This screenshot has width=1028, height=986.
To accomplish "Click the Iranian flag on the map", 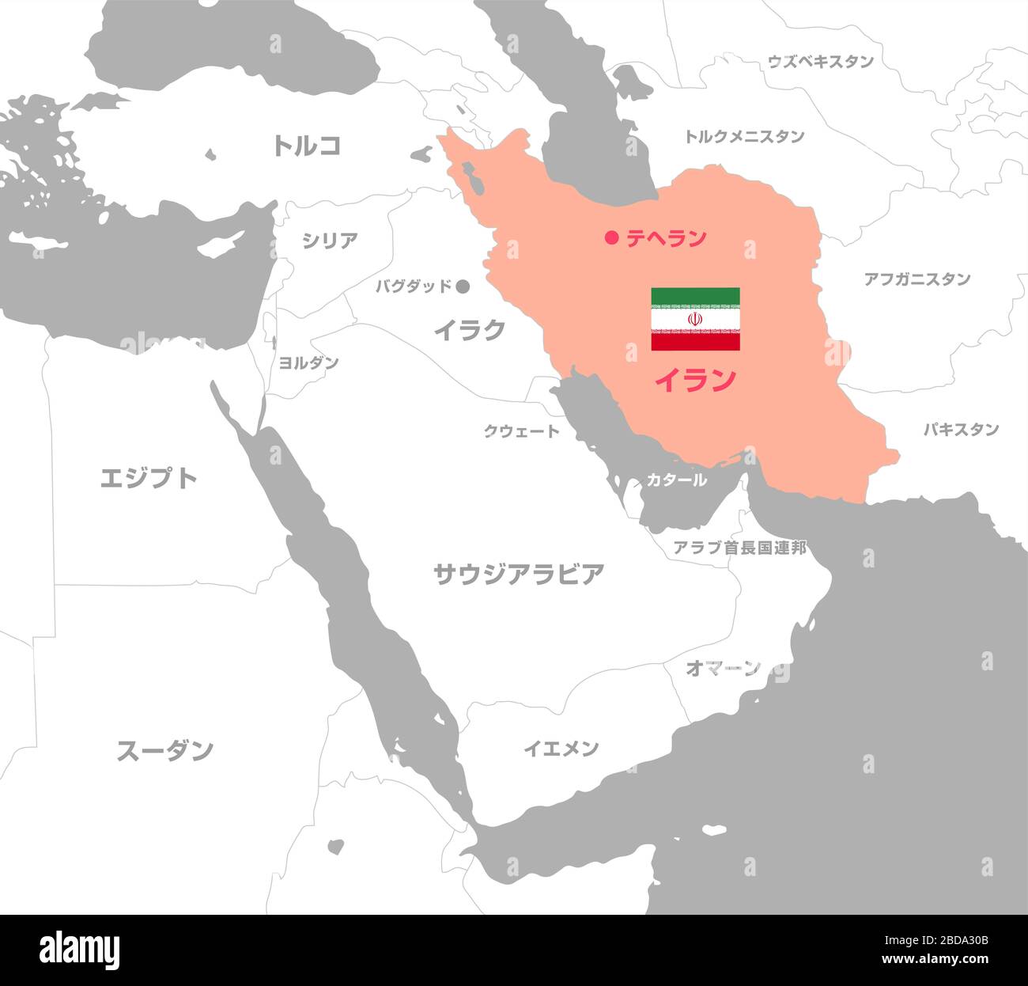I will point(695,319).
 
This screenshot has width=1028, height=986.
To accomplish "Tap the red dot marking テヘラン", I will point(610,237).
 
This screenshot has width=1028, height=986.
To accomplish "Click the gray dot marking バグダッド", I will point(463,286).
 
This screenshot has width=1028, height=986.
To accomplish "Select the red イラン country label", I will point(694,381).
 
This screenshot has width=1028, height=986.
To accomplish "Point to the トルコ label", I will point(307,146).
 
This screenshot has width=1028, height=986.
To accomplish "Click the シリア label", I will point(330,241).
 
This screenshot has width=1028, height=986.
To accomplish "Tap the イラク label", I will point(469,330).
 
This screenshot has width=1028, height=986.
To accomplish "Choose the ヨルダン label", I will point(308,362).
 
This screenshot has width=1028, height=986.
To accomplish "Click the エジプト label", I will point(149,478).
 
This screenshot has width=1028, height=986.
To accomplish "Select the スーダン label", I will point(165,750).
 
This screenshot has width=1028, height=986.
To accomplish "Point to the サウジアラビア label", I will point(519,574).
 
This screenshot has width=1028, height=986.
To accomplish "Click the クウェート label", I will point(521,431).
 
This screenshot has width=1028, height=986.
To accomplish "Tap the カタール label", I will point(676,480).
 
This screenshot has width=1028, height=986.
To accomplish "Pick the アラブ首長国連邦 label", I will point(739,547).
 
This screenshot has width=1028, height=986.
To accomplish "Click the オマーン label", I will point(723,668).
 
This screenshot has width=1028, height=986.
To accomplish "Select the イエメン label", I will point(561,748).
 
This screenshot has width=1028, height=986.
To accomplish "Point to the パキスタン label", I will point(961,430).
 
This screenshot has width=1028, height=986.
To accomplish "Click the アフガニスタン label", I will point(917,279).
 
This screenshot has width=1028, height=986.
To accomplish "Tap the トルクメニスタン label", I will point(744,136).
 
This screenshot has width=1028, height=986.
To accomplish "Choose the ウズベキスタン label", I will point(821,62).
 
